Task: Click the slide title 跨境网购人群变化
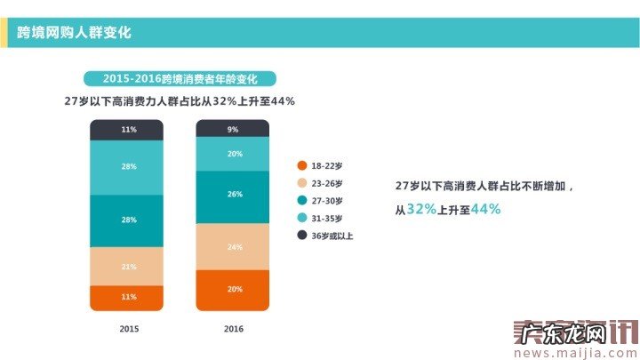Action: point(74,33)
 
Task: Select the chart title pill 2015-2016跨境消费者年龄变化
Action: point(180,79)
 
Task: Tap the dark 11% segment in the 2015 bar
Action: point(128,130)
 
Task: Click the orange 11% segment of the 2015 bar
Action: point(128,298)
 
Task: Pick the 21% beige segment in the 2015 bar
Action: point(128,267)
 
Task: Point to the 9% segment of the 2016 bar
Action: point(232,129)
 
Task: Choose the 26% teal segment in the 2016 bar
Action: point(232,194)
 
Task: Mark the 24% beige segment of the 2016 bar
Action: point(232,247)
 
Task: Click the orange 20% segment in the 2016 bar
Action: point(232,290)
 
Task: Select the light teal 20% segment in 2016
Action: point(232,154)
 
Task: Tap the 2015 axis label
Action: point(129,329)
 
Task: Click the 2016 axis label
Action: point(233,329)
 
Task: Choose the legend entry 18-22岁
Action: point(324,165)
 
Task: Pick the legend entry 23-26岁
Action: point(324,183)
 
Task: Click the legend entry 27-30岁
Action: point(324,200)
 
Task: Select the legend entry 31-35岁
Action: point(324,218)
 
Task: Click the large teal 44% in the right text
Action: point(485,209)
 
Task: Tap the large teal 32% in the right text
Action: point(421,209)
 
